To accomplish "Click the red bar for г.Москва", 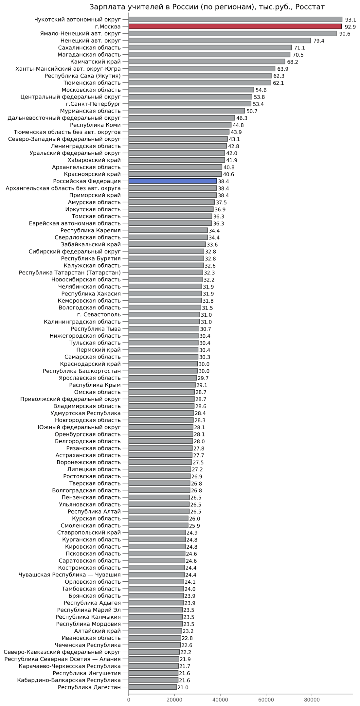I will tap(235, 26).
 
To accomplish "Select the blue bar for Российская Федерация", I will tap(172, 181).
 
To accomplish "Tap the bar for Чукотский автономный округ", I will tap(235, 20).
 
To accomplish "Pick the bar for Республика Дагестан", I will tap(153, 687).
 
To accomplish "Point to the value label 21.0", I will tap(183, 687).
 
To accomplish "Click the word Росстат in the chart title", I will tap(310, 7).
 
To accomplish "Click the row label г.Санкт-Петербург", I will tap(93, 104).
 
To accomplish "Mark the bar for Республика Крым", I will tap(162, 385).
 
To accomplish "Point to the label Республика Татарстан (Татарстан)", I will tap(70, 273).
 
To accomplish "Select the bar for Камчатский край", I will tap(207, 62).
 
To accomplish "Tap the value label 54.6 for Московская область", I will tap(261, 90).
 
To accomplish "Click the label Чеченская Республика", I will tap(87, 645).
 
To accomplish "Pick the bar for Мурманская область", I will tap(187, 111).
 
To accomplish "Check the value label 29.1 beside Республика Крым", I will tap(202, 385).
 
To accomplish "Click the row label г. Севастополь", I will tap(99, 314).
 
